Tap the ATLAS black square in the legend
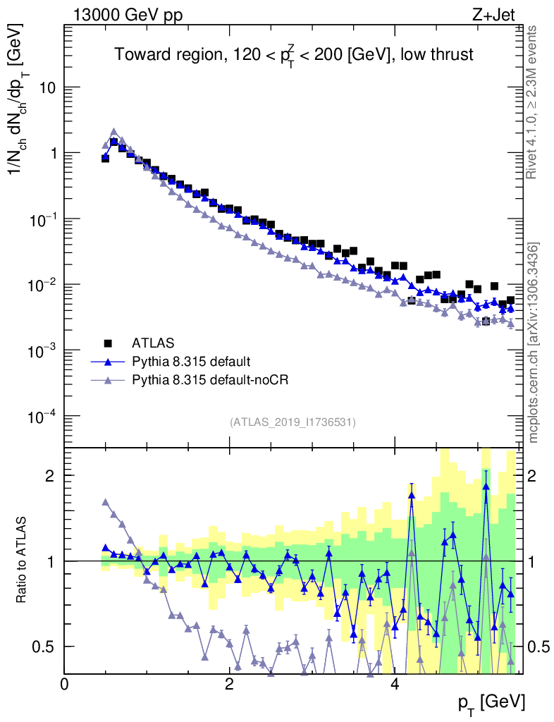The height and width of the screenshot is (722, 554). point(108,343)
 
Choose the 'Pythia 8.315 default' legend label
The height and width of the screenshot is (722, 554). point(190,362)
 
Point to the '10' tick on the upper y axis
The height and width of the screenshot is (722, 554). point(47,87)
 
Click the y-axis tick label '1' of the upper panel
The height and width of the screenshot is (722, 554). point(52,154)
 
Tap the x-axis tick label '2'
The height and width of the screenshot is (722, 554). point(229,684)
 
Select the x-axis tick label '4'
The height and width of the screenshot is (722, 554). point(395,684)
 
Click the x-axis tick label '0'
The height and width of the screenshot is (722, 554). point(64,684)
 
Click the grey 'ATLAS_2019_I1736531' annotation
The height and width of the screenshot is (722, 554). point(293,422)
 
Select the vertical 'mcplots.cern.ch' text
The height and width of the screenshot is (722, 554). point(534,342)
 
